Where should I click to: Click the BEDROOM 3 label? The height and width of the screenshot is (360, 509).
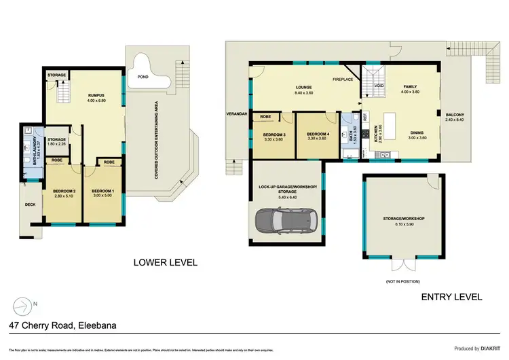click(x=275, y=134)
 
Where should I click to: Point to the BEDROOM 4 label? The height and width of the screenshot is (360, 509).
click(x=318, y=134)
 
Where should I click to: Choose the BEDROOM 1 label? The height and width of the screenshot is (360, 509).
click(x=102, y=190)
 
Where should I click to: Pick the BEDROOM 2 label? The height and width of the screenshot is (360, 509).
click(x=63, y=190)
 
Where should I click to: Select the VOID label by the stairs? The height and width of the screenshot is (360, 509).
click(x=379, y=86)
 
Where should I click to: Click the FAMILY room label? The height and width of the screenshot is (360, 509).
click(x=411, y=86)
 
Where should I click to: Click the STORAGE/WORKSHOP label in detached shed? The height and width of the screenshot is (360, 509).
click(x=403, y=218)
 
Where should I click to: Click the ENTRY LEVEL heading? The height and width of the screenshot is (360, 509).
click(x=451, y=297)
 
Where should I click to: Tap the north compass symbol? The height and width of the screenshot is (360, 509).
click(x=23, y=304)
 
